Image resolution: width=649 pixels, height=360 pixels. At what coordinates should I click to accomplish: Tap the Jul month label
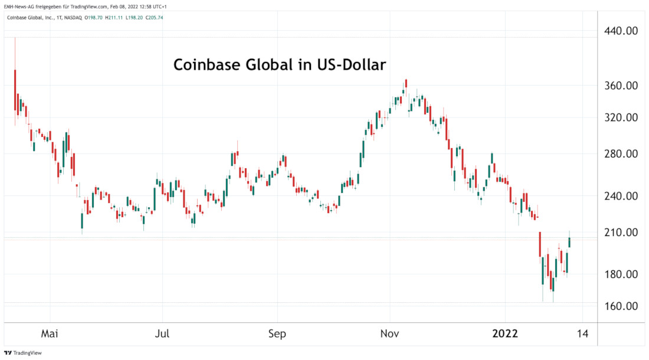tap(162, 334)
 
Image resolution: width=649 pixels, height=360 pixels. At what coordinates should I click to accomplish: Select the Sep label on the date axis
tap(277, 334)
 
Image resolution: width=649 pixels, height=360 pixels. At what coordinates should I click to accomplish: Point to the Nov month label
tap(390, 334)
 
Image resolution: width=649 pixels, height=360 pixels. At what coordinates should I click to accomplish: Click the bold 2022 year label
tap(505, 334)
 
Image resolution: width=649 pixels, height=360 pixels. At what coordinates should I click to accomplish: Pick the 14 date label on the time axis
tap(583, 334)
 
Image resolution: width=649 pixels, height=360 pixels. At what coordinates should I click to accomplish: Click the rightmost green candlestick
tap(569, 242)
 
